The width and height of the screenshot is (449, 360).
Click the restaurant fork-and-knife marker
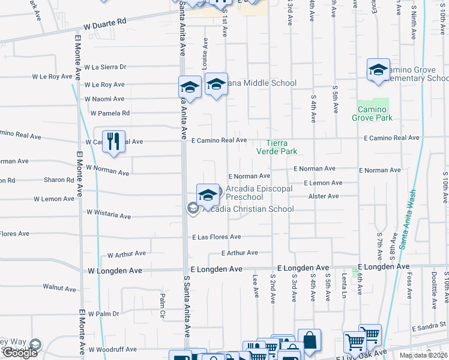(113, 142)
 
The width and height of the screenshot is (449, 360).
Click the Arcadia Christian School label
(247, 209)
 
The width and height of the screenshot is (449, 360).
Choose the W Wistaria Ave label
(108, 214)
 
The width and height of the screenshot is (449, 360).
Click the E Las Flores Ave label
(216, 237)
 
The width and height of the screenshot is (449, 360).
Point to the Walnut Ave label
(59, 288)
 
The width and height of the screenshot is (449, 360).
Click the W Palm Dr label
(104, 314)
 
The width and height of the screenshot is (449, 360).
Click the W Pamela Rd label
(110, 113)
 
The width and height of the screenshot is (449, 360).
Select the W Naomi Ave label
(104, 99)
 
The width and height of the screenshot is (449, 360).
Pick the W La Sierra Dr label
(105, 67)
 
